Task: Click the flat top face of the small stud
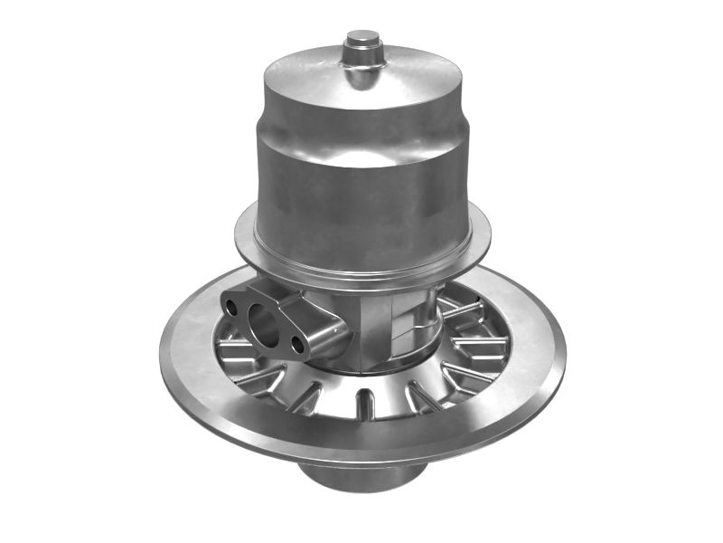click(362, 37)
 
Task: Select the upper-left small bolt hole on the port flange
click(232, 308)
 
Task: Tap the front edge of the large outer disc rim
click(361, 450)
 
